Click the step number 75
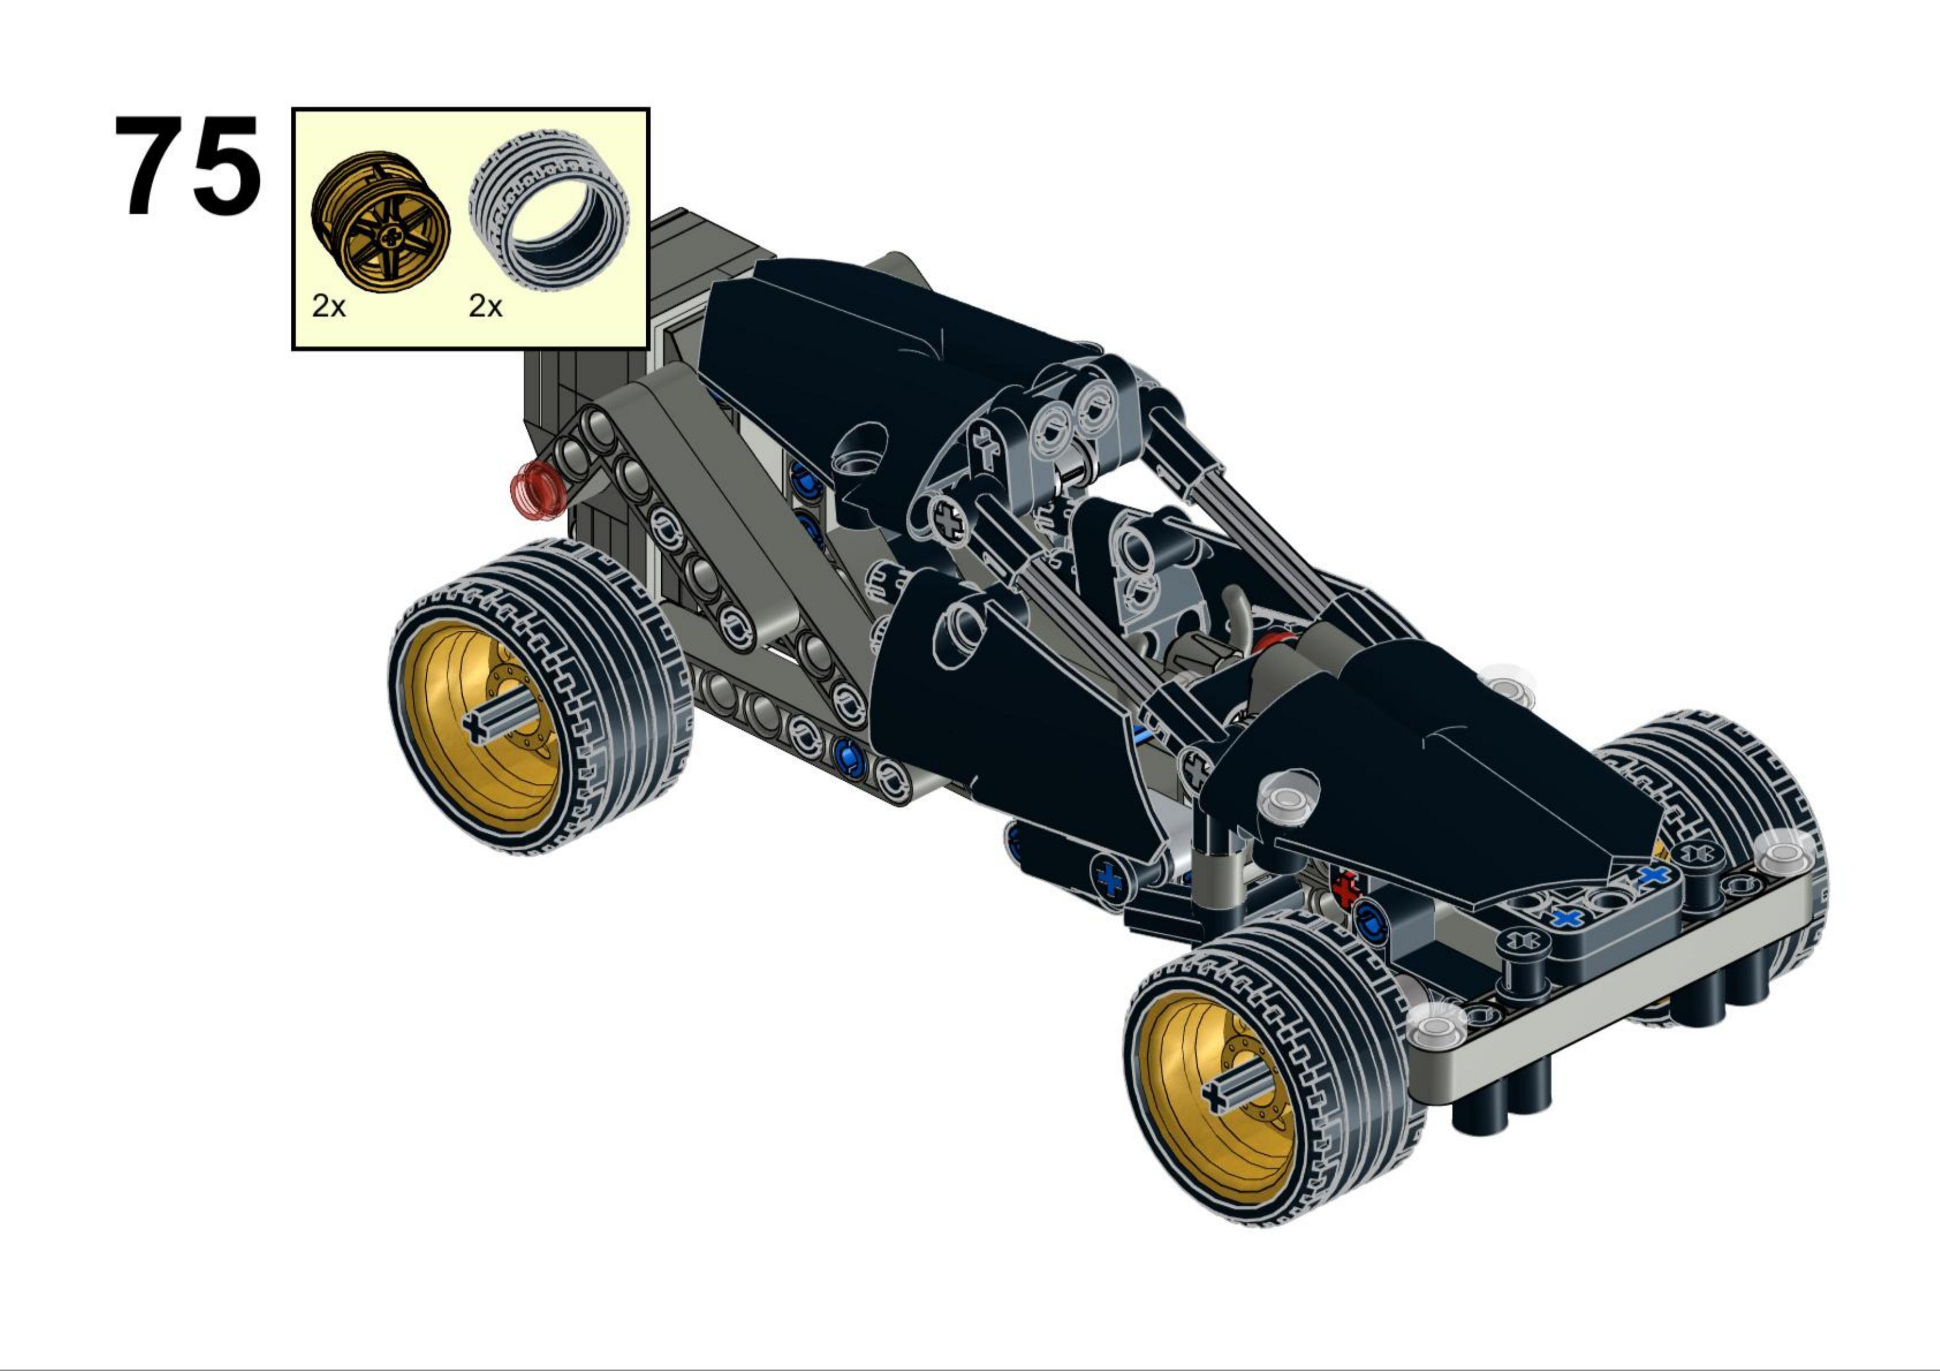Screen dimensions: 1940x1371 click(187, 166)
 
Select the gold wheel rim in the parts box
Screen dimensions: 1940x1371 click(380, 221)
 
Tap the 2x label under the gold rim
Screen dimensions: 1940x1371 click(329, 306)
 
